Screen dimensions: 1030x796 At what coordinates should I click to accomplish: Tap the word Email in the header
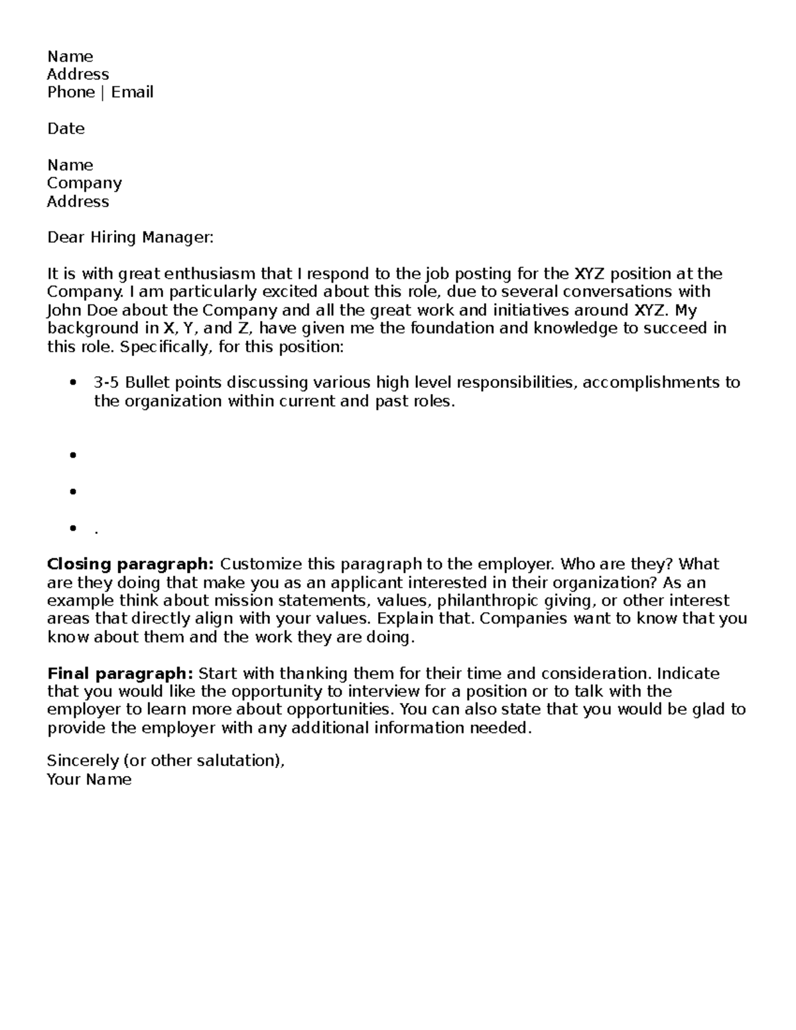133,92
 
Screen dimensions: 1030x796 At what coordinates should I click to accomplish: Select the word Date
66,129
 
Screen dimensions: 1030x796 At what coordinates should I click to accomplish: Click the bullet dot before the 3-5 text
73,383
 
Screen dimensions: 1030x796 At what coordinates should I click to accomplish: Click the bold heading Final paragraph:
120,674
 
